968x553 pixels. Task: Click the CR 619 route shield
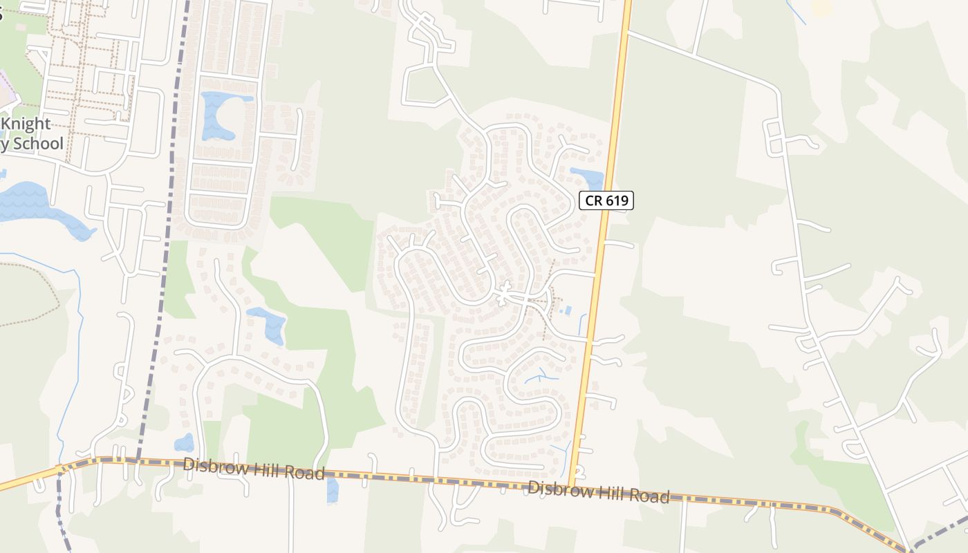(x=606, y=200)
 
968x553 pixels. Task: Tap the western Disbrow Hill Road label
(x=253, y=469)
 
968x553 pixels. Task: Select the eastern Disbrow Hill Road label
(x=598, y=492)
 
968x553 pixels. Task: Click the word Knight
(x=28, y=124)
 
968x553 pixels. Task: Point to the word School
(x=37, y=144)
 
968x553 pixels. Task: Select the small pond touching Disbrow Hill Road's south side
(x=333, y=489)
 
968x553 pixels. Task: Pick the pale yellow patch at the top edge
(x=821, y=7)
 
